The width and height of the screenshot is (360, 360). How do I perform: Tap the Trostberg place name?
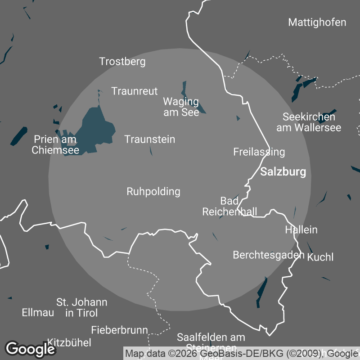122,62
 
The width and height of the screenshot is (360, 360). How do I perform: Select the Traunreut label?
135,91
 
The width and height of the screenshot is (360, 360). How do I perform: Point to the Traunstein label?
149,139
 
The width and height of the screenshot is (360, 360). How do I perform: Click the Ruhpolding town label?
153,192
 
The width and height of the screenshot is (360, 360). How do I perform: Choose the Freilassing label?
259,152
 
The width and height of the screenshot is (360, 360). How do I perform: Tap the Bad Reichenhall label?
229,206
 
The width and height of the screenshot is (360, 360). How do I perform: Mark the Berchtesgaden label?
269,255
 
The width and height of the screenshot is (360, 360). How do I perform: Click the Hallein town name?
301,229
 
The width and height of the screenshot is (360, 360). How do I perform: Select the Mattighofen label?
317,22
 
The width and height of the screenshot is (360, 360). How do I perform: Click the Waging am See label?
181,107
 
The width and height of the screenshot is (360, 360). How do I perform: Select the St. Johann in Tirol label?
81,307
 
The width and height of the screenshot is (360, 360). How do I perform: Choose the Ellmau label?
38,312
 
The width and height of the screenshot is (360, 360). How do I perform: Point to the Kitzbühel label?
69,342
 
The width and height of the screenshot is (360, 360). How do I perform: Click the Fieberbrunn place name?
119,330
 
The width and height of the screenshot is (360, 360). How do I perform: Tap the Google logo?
30,349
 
